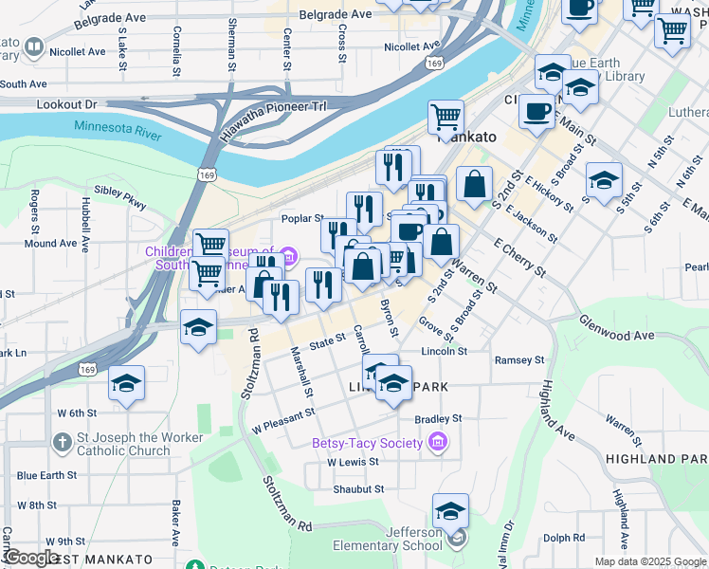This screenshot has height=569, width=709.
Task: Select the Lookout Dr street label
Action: [x=67, y=103]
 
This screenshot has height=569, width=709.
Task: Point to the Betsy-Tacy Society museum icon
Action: [x=437, y=442]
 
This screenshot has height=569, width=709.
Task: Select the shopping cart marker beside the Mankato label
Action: [x=445, y=118]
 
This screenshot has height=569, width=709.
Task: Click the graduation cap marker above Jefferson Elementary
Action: [x=451, y=511]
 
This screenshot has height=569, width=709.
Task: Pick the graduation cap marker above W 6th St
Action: [x=126, y=384]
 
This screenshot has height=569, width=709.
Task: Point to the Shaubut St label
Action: [x=357, y=489]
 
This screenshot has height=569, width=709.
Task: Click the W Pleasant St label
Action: [x=282, y=421]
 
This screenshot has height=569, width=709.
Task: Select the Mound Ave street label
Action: [x=50, y=244]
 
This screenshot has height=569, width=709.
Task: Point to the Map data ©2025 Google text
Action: [x=649, y=561]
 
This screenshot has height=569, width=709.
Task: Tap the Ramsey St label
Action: [x=519, y=360]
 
